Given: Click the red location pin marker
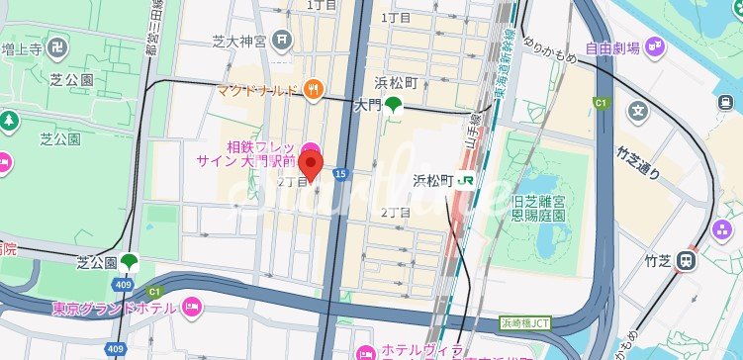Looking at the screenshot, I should coord(311,166).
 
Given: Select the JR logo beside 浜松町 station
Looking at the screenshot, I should coord(467,181).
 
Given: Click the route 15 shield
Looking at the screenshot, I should coord(340,174).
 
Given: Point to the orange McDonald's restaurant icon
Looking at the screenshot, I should coord(313,90).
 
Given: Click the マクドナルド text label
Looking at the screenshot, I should coord(258,91).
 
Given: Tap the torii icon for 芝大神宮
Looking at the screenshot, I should coord(284,42).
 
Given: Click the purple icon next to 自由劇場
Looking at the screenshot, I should coord(655,45).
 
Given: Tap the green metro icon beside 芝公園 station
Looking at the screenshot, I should coord(130,263).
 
